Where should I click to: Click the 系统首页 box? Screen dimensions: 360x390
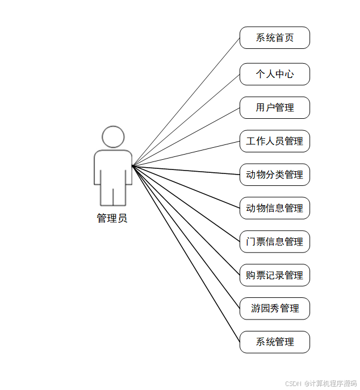click(274, 38)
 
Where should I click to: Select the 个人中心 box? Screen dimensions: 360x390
click(274, 74)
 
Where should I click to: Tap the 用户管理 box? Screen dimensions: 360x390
click(274, 107)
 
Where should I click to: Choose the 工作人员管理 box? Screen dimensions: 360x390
click(274, 141)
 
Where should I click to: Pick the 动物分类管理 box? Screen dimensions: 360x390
click(274, 175)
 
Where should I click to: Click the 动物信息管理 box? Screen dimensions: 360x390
click(274, 208)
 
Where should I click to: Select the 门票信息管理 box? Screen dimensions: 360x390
click(274, 242)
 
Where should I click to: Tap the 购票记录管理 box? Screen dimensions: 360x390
click(274, 275)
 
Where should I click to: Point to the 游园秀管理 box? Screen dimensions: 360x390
click(274, 309)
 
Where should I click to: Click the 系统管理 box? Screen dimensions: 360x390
click(274, 342)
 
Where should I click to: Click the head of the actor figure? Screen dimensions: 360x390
click(113, 137)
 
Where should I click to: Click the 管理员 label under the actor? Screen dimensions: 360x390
click(112, 218)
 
